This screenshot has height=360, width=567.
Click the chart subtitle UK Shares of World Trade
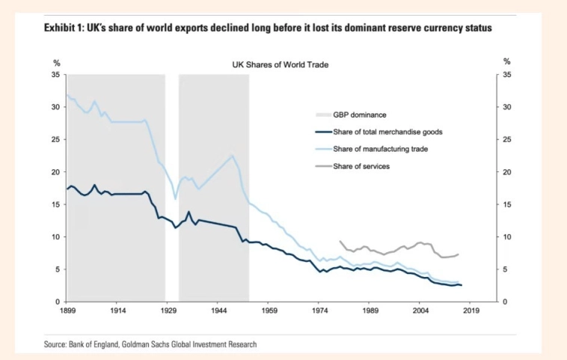281,65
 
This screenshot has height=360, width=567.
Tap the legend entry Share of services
361,166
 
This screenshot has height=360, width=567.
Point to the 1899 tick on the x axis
67,309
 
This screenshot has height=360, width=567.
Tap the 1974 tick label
319,309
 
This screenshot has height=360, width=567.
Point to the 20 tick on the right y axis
508,172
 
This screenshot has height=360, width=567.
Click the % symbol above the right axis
506,62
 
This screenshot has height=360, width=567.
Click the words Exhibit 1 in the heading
64,28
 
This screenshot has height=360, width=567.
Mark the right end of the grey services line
458,254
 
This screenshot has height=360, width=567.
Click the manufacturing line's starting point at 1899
67,94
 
